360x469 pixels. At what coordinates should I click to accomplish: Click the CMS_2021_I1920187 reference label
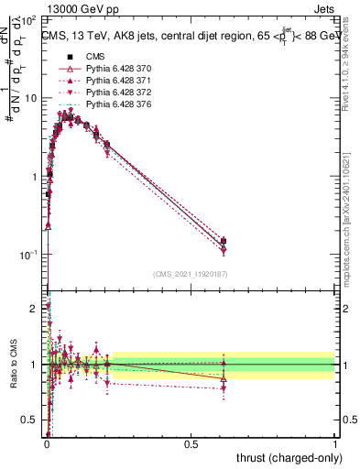coord(191,274)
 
